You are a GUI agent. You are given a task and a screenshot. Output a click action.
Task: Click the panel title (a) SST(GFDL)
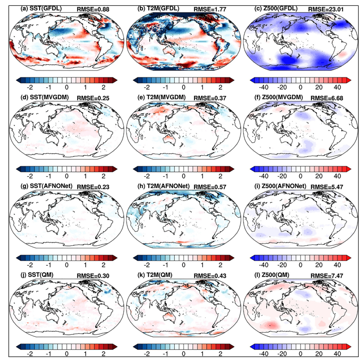click(x=41, y=9)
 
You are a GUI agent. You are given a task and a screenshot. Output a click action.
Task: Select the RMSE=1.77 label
click(x=210, y=9)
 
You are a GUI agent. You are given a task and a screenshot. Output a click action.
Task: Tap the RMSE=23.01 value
click(x=326, y=9)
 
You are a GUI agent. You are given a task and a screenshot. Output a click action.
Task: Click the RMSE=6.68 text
click(x=327, y=98)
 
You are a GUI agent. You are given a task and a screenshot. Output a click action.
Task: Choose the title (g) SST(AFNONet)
click(x=46, y=186)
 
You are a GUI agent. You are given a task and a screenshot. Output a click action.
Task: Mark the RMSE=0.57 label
click(x=210, y=187)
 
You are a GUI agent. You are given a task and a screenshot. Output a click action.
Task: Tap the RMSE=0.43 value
click(x=210, y=276)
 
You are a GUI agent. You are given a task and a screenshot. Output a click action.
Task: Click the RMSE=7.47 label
click(x=327, y=276)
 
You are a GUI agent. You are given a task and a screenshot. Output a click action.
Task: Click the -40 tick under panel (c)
click(x=264, y=87)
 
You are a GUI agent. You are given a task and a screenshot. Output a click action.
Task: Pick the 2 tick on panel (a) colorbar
click(x=104, y=87)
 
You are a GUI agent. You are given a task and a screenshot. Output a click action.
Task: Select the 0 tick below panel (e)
click(x=184, y=176)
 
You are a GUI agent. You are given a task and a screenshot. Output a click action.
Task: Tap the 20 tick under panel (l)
click(x=319, y=353)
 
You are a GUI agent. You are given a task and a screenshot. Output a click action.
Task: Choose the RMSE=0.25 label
click(x=93, y=98)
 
